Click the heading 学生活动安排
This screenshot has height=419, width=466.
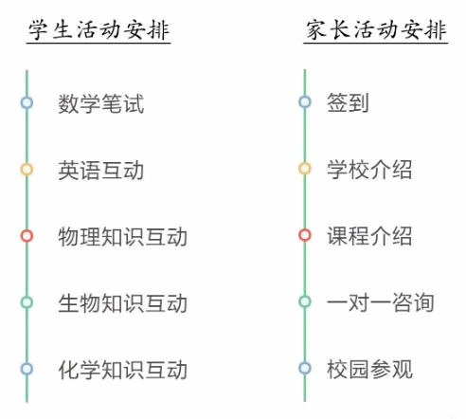pyautogui.click(x=99, y=30)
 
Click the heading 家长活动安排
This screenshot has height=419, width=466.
pyautogui.click(x=376, y=30)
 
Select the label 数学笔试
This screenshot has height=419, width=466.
pyautogui.click(x=101, y=103)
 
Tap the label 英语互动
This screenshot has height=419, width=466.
pyautogui.click(x=101, y=170)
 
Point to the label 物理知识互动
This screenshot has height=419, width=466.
pyautogui.click(x=123, y=236)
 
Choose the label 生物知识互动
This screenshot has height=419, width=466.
pyautogui.click(x=123, y=302)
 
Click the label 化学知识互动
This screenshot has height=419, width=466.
pyautogui.click(x=123, y=370)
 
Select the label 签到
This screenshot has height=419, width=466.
pyautogui.click(x=348, y=102)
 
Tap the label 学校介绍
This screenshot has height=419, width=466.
pyautogui.click(x=369, y=170)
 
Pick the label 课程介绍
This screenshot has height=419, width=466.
pyautogui.click(x=369, y=236)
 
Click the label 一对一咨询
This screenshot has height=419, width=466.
pyautogui.click(x=381, y=302)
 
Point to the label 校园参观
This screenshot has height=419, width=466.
pyautogui.click(x=369, y=369)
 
